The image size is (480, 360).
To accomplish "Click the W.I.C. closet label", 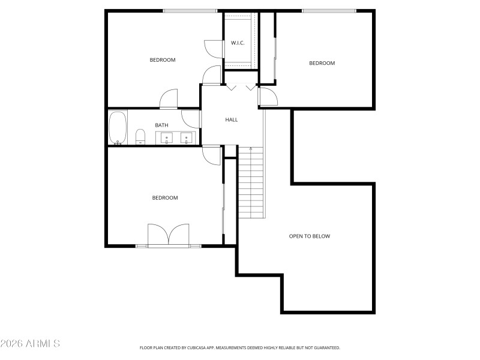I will (x=238, y=43).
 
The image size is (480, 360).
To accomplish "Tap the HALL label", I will (x=232, y=119).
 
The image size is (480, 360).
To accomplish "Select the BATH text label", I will (x=161, y=125).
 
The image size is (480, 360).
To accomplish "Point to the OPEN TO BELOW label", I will (x=309, y=236).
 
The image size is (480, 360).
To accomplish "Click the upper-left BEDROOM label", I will (x=162, y=59).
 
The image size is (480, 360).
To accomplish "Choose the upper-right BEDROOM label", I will (x=322, y=63).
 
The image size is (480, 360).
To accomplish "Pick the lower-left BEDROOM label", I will (x=164, y=198).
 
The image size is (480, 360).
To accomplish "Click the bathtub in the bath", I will (x=118, y=128).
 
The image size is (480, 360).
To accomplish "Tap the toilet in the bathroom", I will (x=140, y=137).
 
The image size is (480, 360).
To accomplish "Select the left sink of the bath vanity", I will (x=166, y=139).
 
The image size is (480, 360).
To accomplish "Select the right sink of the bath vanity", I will (x=187, y=139).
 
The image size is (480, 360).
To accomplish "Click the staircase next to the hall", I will (x=251, y=183).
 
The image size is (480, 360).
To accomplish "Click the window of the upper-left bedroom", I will (x=190, y=10).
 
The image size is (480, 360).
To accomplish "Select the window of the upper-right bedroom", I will (x=329, y=10).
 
